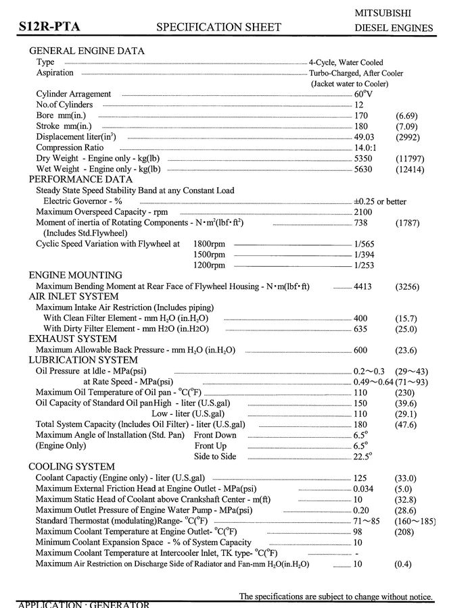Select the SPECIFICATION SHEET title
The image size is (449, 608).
point(218,27)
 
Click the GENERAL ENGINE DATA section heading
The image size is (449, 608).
point(87,51)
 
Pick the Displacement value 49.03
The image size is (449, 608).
point(365,136)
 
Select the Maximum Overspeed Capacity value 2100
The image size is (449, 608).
point(363,211)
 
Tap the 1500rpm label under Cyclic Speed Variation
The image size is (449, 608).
point(209,255)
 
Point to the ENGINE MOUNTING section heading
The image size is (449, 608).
point(75,276)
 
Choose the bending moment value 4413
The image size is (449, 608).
point(363,286)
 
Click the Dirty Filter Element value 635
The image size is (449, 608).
point(360,328)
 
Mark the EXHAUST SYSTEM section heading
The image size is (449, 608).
point(72,339)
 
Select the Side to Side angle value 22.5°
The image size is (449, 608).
point(363,457)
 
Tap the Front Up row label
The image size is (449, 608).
point(210,446)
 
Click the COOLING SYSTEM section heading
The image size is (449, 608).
point(71,467)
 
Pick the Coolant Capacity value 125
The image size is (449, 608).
point(360,478)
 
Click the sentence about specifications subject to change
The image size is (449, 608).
point(335,597)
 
